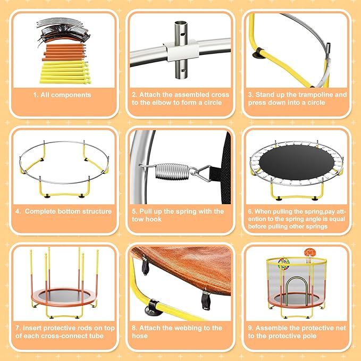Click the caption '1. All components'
pyautogui.click(x=63, y=95)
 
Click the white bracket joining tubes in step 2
pyautogui.click(x=180, y=52)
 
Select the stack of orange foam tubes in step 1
pyautogui.click(x=63, y=53)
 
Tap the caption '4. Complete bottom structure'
pyautogui.click(x=63, y=212)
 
